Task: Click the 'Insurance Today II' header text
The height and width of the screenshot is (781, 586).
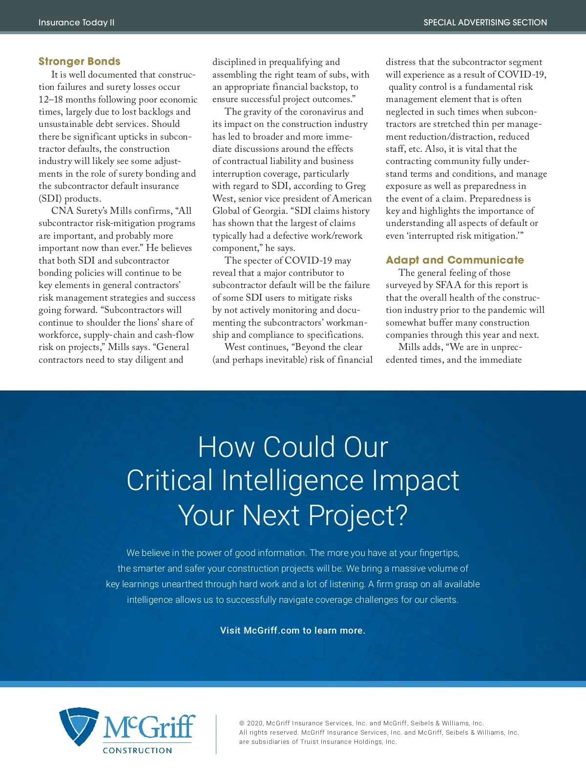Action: point(76,22)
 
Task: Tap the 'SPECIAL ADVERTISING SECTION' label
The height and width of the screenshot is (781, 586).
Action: point(485,22)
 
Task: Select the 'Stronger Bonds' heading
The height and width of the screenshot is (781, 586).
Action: point(79,62)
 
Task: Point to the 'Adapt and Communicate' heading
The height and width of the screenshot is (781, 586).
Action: point(455,260)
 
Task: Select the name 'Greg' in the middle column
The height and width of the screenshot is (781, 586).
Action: point(355,186)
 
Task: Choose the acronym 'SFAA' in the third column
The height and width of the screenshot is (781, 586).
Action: point(448,285)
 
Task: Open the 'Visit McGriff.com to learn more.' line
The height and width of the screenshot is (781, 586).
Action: point(293,630)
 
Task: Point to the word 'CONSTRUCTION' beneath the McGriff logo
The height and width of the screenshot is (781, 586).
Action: point(137,750)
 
